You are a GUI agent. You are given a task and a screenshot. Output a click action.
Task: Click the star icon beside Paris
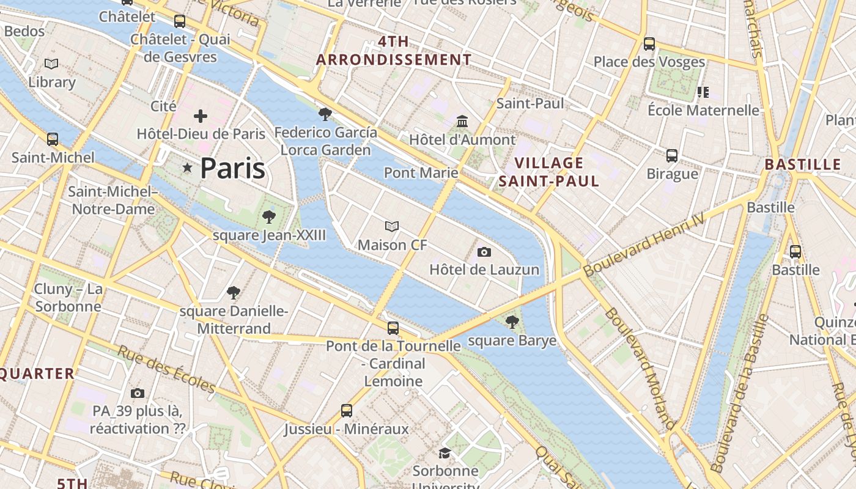(187, 167)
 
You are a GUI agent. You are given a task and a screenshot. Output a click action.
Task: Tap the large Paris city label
(232, 168)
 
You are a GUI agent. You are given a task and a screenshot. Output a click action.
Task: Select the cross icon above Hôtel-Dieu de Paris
(201, 116)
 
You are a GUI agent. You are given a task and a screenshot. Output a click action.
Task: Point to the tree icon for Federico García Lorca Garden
(325, 114)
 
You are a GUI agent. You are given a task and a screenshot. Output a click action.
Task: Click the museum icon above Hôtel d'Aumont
(462, 121)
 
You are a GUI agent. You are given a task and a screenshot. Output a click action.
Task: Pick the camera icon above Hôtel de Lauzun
(484, 252)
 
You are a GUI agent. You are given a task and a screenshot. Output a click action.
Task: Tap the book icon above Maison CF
(392, 227)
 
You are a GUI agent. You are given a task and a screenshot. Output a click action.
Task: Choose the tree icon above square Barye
(512, 322)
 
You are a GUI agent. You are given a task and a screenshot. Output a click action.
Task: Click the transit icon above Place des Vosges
(649, 44)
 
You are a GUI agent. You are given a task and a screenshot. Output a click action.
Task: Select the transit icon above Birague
(672, 156)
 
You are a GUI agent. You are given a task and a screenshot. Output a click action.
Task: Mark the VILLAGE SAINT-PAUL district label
(548, 172)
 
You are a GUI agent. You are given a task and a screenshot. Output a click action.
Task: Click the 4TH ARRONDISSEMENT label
(394, 51)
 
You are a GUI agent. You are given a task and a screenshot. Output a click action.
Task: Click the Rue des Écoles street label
(166, 370)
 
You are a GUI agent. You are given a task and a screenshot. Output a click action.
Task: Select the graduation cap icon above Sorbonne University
(445, 453)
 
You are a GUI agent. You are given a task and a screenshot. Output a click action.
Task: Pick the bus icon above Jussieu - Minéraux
(347, 411)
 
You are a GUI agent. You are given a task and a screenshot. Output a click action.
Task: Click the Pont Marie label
(421, 172)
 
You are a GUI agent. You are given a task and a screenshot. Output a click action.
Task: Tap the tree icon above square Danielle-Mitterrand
(233, 293)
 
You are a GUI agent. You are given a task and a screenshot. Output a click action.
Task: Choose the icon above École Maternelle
(703, 92)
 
